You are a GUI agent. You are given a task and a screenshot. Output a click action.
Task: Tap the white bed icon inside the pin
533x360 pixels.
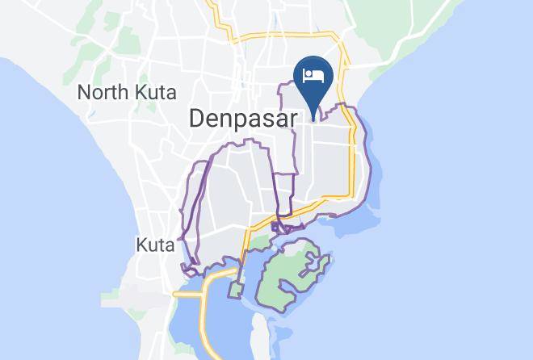pyautogui.click(x=313, y=76)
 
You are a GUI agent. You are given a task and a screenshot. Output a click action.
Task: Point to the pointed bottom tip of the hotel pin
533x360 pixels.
pyautogui.click(x=313, y=108)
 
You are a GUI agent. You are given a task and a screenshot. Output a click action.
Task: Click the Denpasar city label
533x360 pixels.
pyautogui.click(x=243, y=118)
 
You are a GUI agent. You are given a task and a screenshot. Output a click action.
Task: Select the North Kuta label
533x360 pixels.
pyautogui.click(x=127, y=92)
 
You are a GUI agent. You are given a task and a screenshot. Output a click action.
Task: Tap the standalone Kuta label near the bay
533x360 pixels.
pyautogui.click(x=155, y=244)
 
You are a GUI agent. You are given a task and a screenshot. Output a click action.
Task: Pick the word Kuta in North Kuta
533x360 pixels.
pyautogui.click(x=158, y=92)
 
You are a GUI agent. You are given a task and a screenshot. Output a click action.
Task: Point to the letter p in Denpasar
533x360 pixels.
pyautogui.click(x=241, y=119)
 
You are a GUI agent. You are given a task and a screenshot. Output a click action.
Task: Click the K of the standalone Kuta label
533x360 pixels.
pyautogui.click(x=141, y=244)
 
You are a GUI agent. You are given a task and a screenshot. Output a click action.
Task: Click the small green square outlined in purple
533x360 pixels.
pyautogui.click(x=237, y=288)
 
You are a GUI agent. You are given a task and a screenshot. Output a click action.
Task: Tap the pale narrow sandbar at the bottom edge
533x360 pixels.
pyautogui.click(x=259, y=335)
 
